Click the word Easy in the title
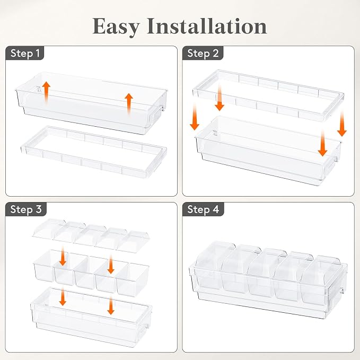click(x=116, y=27)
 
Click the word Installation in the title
click(x=207, y=26)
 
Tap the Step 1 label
click(x=25, y=53)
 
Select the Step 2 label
click(x=203, y=53)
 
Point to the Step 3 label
click(x=26, y=209)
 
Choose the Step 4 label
click(x=203, y=209)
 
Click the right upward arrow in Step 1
click(x=129, y=104)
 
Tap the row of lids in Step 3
click(x=91, y=235)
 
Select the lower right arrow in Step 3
click(x=111, y=306)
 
